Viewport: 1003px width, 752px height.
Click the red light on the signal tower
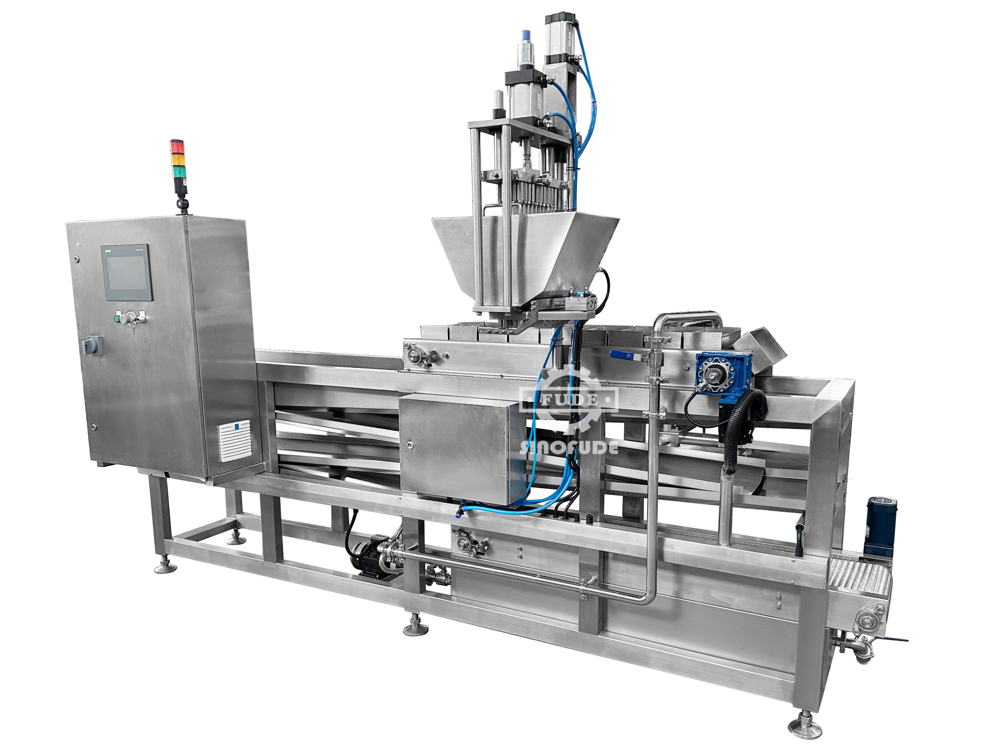pos(178,146)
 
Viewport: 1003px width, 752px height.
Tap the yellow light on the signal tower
pos(178,159)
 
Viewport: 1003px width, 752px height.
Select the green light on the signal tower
pos(178,171)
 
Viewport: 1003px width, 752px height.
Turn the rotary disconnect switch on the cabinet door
pos(87,344)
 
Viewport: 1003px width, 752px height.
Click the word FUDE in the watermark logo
pos(569,400)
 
